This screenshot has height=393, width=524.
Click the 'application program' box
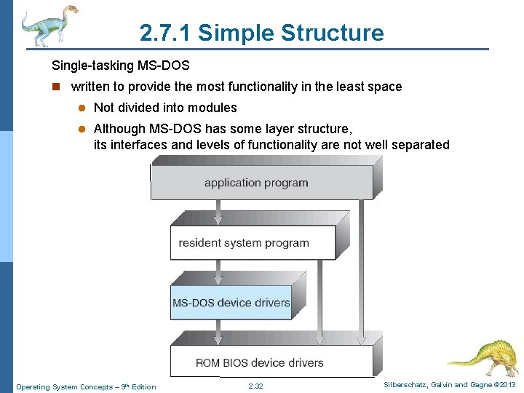point(256,183)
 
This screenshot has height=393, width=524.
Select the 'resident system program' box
point(244,243)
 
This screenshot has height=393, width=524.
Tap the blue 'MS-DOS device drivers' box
point(231,303)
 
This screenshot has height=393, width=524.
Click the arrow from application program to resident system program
point(217,213)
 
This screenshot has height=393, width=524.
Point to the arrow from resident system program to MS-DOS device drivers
point(217,273)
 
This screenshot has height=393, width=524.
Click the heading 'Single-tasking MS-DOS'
point(121,65)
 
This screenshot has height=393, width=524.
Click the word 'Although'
point(119,129)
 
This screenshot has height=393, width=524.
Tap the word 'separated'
point(420,145)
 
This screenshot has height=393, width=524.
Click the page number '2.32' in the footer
point(255,386)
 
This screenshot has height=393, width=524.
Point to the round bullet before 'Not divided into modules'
point(83,108)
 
